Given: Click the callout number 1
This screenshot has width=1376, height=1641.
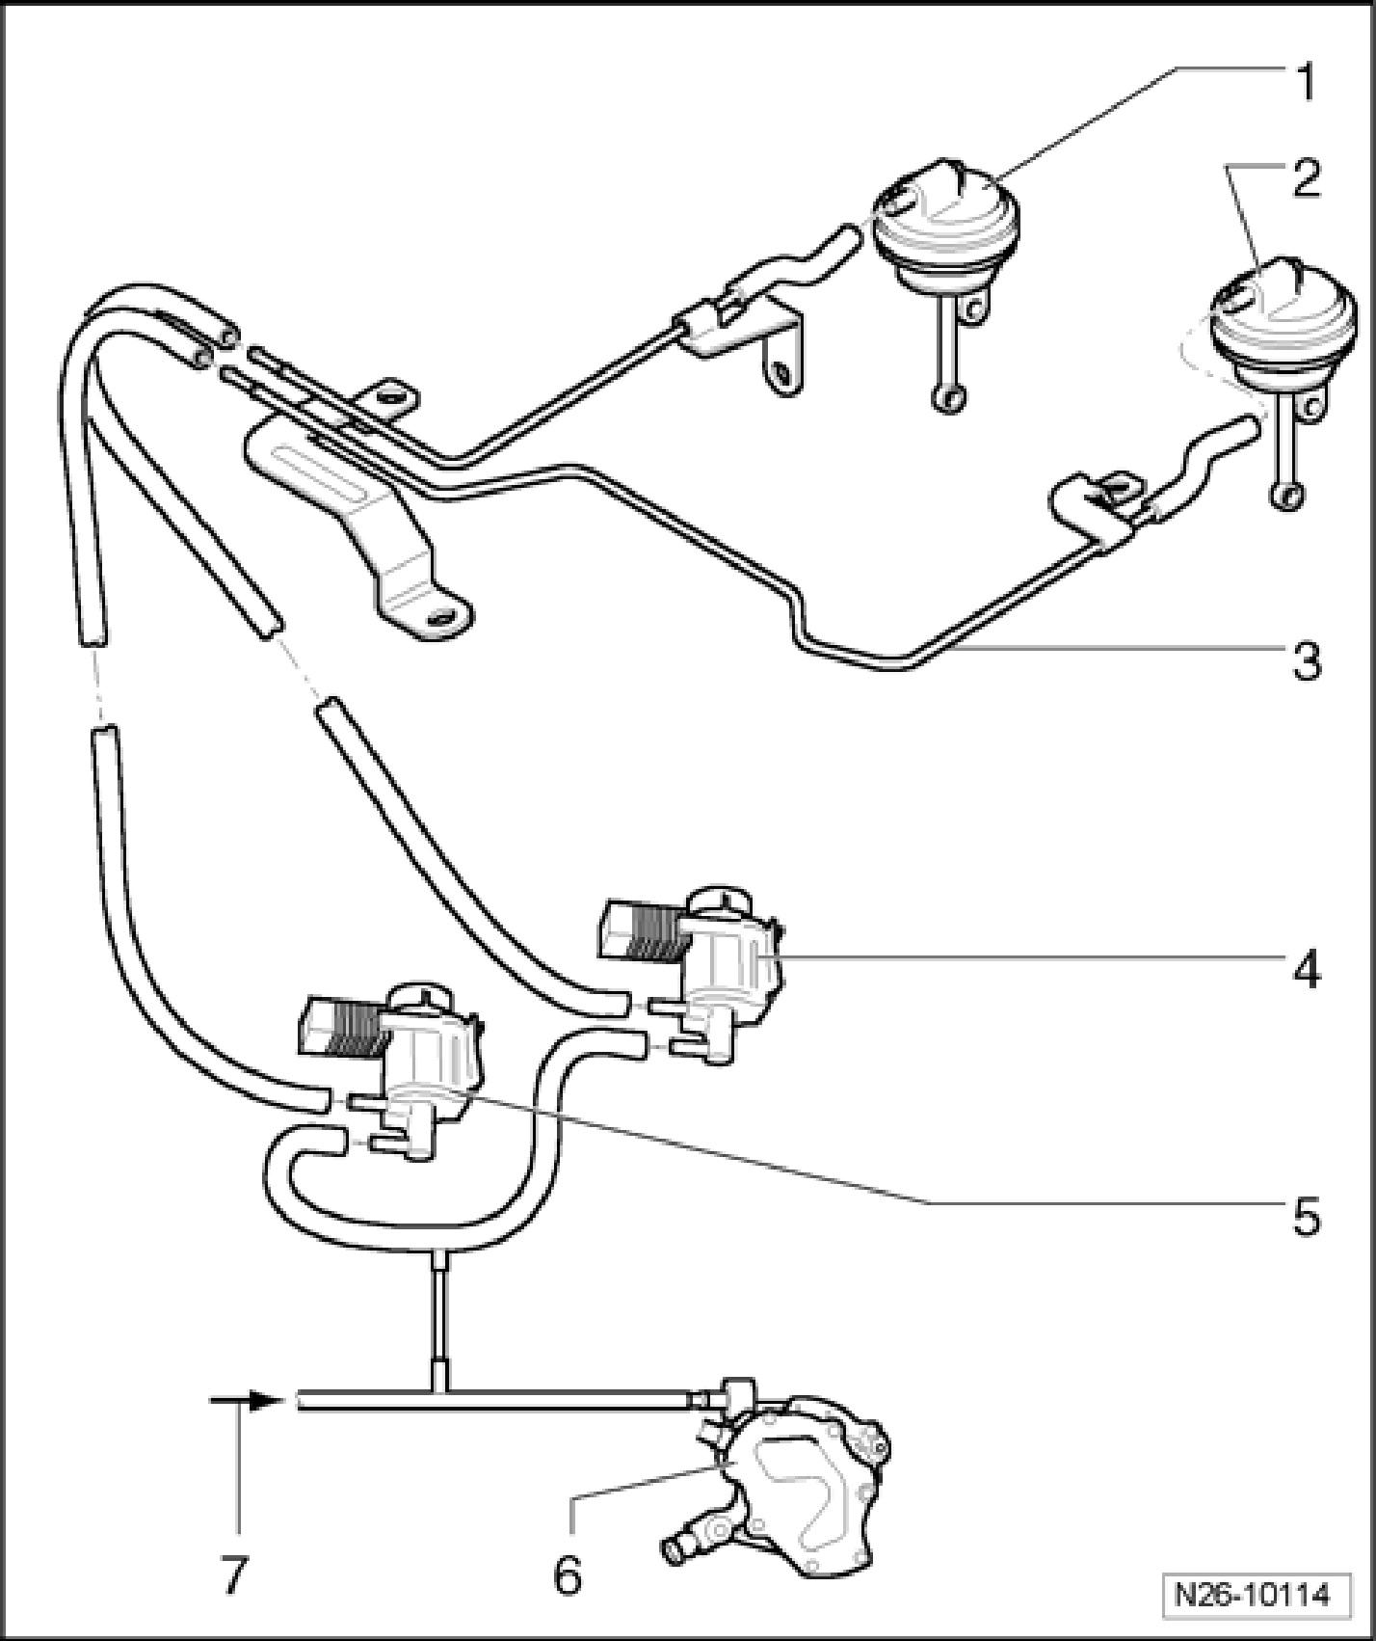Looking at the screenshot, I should coord(1305,85).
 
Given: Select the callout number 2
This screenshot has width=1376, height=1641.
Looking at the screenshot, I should coord(1305,180).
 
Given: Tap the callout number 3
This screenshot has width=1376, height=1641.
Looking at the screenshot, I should coord(1307,662).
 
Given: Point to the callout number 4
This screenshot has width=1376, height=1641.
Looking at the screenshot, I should coord(1307,969).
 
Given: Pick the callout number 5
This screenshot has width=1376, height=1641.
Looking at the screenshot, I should coord(1305,1217).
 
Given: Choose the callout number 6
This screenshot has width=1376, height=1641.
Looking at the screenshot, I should coord(568,1576).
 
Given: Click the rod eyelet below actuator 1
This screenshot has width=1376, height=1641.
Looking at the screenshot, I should coord(949,396).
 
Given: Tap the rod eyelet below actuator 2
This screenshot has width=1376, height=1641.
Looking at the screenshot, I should coord(1287,496).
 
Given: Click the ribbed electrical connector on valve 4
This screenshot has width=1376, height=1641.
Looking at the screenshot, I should coord(640,930).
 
